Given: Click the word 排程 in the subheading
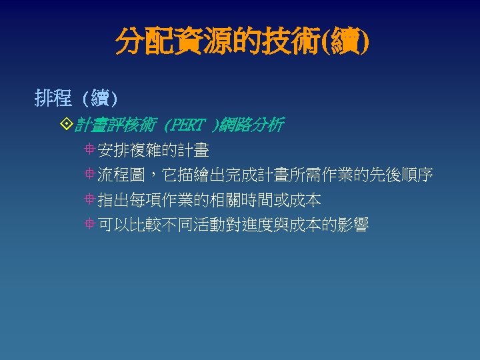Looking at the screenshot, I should [x=53, y=99].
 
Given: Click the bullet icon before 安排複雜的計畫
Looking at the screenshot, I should [x=89, y=151].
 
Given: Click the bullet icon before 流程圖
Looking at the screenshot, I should [x=89, y=175].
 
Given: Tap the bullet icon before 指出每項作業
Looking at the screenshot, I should [x=89, y=200].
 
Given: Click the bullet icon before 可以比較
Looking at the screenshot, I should [x=89, y=225].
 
